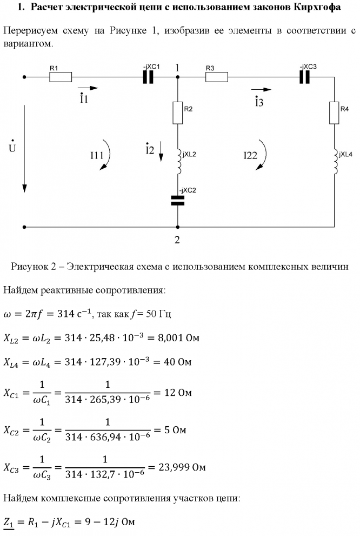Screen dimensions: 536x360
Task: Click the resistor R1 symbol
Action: coord(61,77)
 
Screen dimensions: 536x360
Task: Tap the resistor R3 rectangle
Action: coord(216,77)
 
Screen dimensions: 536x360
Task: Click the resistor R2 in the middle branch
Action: coord(177,113)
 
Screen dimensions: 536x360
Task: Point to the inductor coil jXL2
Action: coord(177,161)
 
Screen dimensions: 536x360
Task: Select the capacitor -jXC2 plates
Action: coord(177,201)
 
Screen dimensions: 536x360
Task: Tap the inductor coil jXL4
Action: coord(334,161)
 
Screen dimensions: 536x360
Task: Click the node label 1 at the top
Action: coord(177,67)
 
